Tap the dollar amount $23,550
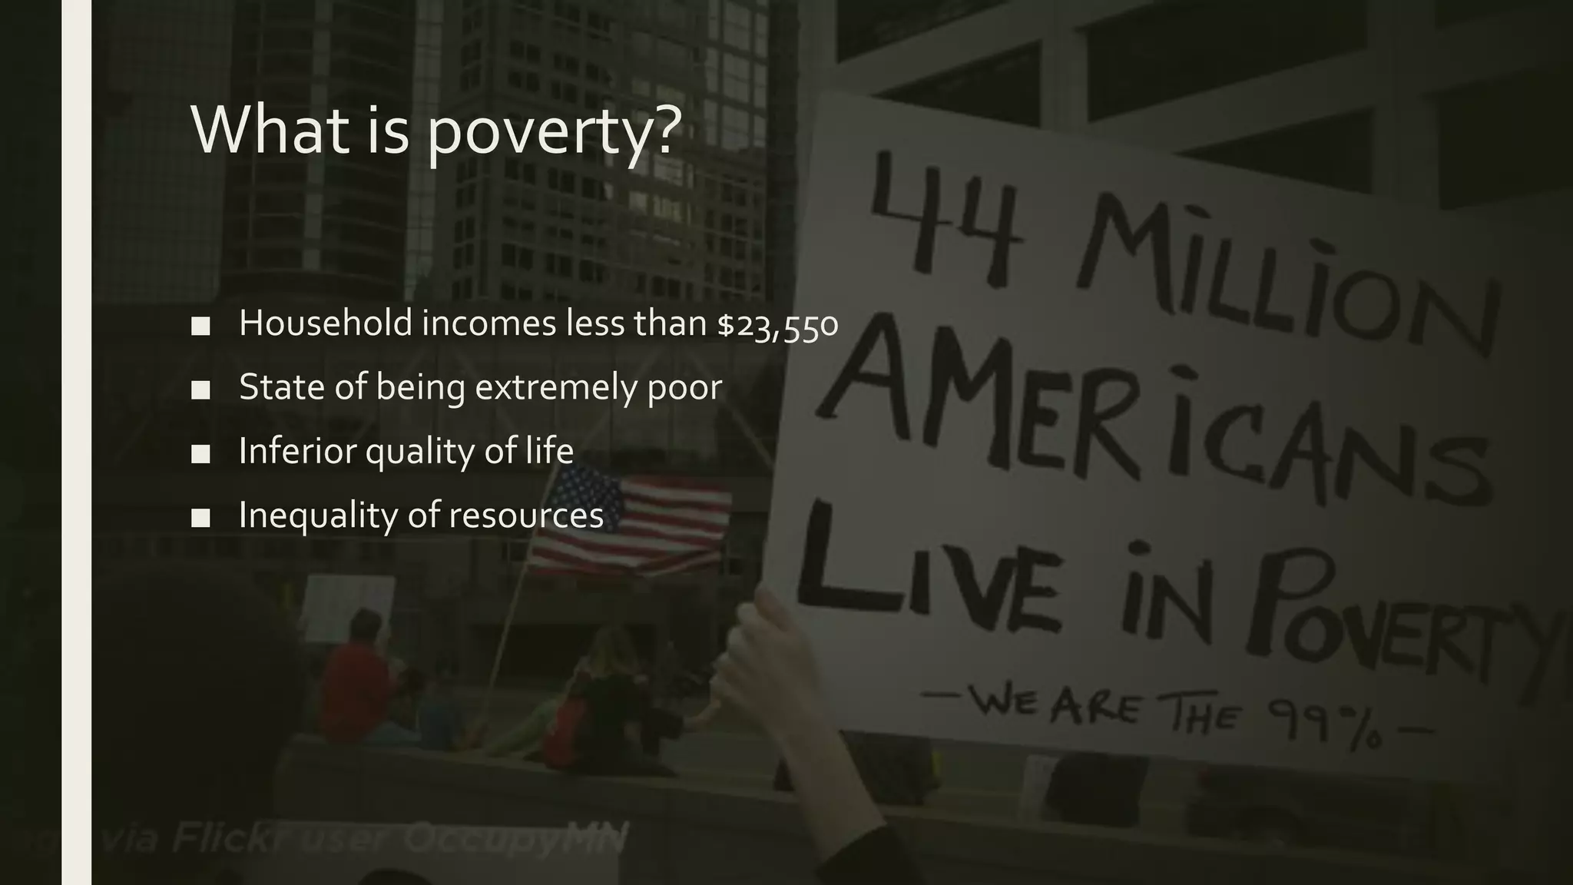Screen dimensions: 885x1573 (x=777, y=323)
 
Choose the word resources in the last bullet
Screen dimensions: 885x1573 (x=526, y=515)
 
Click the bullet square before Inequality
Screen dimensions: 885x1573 (x=200, y=518)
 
